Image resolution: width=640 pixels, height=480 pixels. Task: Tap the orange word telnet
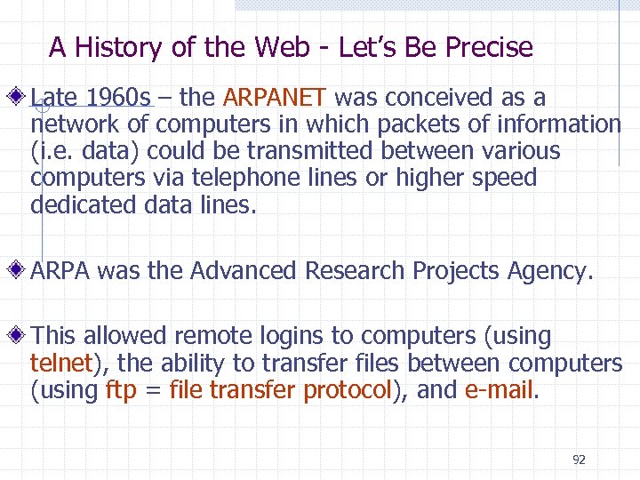(x=61, y=363)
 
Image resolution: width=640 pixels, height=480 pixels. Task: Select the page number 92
(x=579, y=460)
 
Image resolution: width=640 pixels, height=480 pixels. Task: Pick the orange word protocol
(x=348, y=389)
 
